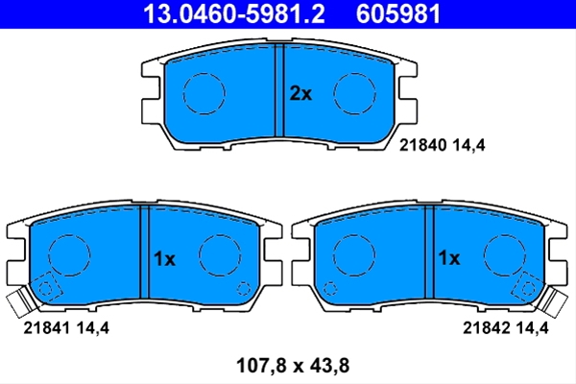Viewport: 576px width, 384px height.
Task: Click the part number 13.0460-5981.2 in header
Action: (234, 13)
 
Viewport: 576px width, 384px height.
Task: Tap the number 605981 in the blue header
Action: (398, 13)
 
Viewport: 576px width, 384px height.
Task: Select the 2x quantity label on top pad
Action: (300, 94)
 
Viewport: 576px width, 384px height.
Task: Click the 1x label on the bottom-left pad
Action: (164, 258)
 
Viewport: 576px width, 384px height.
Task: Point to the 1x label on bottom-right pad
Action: (449, 258)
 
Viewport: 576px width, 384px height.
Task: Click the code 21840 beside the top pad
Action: (422, 145)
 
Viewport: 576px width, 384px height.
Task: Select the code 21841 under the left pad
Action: (47, 327)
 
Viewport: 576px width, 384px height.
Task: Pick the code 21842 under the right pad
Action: (486, 327)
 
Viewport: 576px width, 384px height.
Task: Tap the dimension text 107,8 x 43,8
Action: (293, 366)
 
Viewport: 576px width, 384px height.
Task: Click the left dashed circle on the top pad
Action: (183, 94)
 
